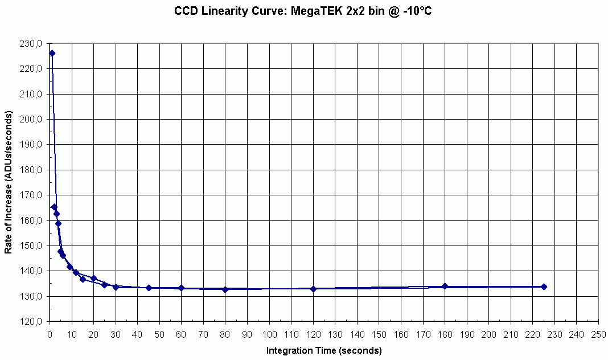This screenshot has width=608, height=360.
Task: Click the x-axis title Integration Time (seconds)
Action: [x=324, y=350]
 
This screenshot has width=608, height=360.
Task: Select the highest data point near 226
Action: [x=52, y=53]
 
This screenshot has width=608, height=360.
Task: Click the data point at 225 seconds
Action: [x=544, y=287]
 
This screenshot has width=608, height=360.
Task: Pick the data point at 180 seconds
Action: [x=445, y=286]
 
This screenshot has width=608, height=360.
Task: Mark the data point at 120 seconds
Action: [x=313, y=289]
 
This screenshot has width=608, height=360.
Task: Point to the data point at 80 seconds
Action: [x=225, y=289]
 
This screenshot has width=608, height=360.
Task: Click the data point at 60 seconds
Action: [x=182, y=288]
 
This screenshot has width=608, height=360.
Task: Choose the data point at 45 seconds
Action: [x=149, y=288]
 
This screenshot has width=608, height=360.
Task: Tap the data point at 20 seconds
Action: [x=94, y=278]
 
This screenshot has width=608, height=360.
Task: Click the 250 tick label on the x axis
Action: [x=598, y=334]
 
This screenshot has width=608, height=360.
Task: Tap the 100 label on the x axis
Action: [x=269, y=334]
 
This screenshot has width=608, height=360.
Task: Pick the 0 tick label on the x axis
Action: [x=50, y=334]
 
